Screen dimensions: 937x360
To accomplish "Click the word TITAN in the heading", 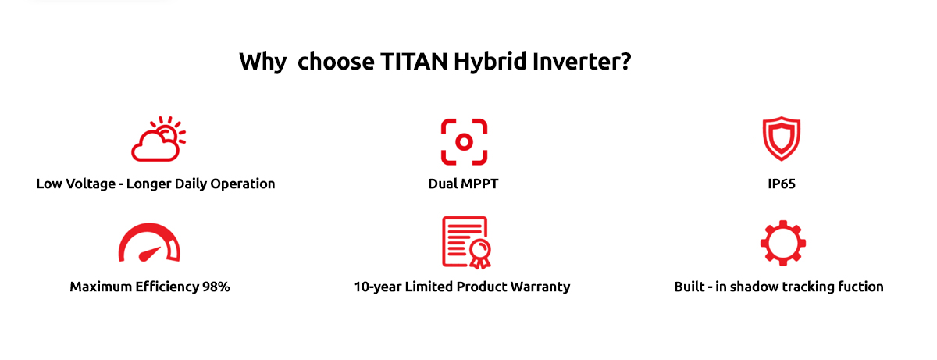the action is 414,62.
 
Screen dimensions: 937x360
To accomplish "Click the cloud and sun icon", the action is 159,139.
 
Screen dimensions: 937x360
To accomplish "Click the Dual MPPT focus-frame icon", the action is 464,142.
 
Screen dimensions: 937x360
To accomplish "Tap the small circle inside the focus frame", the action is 464,142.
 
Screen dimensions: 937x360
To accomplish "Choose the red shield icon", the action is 782,138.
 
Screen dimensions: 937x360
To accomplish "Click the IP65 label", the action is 782,184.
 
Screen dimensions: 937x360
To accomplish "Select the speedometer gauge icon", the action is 149,243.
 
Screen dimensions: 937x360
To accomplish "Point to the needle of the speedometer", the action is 149,254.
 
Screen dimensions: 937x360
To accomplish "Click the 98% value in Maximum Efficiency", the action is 216,287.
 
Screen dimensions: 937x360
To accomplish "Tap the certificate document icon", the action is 466,243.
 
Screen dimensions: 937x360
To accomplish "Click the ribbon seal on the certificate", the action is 479,253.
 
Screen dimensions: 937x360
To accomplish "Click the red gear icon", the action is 782,243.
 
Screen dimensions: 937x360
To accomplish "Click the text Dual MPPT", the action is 463,184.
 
